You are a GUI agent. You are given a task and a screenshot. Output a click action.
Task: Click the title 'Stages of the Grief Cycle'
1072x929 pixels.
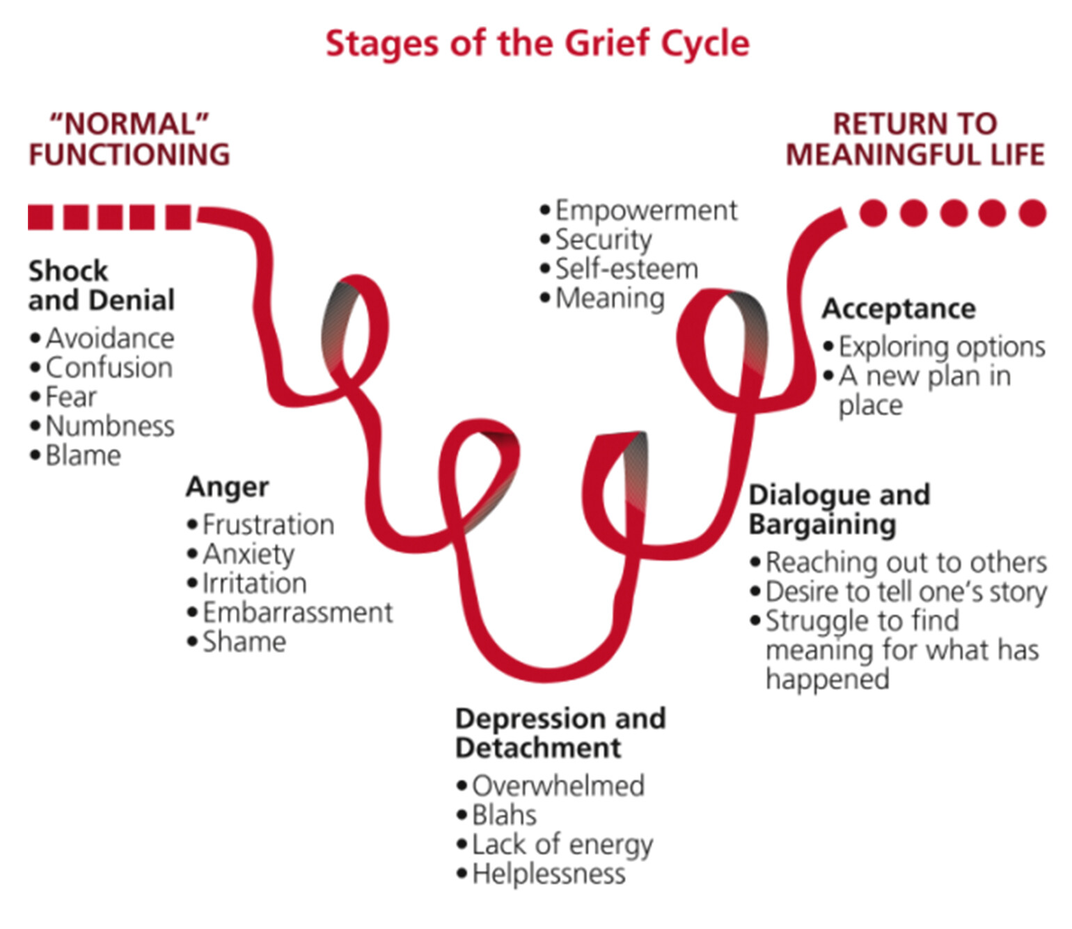(537, 43)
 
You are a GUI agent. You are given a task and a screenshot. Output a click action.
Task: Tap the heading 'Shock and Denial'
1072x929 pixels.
(102, 286)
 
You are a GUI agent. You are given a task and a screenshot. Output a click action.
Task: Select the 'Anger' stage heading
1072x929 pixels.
(227, 487)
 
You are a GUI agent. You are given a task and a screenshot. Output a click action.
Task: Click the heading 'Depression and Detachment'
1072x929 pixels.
(560, 733)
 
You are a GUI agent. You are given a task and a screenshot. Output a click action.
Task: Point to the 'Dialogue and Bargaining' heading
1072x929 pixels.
(839, 509)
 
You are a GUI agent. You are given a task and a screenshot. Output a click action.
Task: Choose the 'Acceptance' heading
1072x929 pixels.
(899, 309)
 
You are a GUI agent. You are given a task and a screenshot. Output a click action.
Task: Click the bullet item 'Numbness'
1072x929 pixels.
(110, 426)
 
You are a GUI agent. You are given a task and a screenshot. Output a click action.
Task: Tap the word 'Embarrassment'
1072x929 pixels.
(297, 613)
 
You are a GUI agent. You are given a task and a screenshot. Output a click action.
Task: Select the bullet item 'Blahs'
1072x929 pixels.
(504, 815)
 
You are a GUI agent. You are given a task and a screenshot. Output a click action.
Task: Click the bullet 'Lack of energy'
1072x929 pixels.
(562, 844)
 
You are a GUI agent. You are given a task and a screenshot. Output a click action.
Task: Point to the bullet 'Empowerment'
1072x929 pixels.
(646, 210)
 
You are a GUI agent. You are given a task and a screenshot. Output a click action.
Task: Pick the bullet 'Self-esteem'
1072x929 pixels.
(626, 269)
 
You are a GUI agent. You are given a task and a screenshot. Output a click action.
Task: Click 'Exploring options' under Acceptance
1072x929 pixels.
(941, 347)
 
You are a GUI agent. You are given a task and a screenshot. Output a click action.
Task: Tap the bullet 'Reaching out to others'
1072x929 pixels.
(906, 562)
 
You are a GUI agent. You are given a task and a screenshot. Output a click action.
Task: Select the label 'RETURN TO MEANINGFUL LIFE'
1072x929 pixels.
(915, 139)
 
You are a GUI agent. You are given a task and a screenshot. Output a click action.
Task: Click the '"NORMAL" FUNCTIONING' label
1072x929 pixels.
(129, 139)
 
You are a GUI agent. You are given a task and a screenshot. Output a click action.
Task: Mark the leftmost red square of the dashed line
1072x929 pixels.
(40, 217)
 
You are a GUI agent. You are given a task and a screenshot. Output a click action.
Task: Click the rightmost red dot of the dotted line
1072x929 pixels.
(1032, 213)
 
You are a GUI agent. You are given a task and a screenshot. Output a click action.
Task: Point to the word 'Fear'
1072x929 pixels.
(71, 397)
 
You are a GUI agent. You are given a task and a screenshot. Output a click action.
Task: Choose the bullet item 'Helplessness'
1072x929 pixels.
(549, 873)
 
